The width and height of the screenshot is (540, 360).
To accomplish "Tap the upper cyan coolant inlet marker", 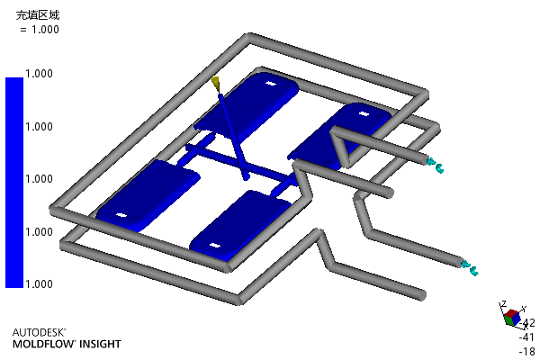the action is (436, 166).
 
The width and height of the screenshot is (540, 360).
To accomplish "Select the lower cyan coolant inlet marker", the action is (470, 268).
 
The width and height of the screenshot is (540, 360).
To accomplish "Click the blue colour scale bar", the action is (14, 182).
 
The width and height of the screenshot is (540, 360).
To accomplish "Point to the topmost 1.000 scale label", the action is (39, 74).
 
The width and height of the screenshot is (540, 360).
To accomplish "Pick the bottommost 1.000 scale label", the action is (39, 283).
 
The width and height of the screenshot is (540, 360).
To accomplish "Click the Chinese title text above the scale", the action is (38, 14).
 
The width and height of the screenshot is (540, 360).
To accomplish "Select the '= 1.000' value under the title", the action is (40, 30).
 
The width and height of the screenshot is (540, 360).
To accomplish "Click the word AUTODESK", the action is (39, 332).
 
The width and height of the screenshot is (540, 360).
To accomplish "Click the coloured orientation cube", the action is (512, 318).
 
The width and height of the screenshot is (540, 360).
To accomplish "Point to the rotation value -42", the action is (527, 323).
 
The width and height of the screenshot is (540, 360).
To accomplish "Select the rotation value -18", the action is (527, 351).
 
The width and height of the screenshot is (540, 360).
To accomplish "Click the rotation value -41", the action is (526, 337).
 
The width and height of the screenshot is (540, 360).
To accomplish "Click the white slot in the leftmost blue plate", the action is (121, 216).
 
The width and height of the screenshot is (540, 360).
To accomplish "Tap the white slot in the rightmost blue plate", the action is (364, 113).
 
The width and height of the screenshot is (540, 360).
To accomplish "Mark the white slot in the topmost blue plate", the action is (270, 84).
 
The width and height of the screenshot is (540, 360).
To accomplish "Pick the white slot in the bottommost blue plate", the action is (215, 246).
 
